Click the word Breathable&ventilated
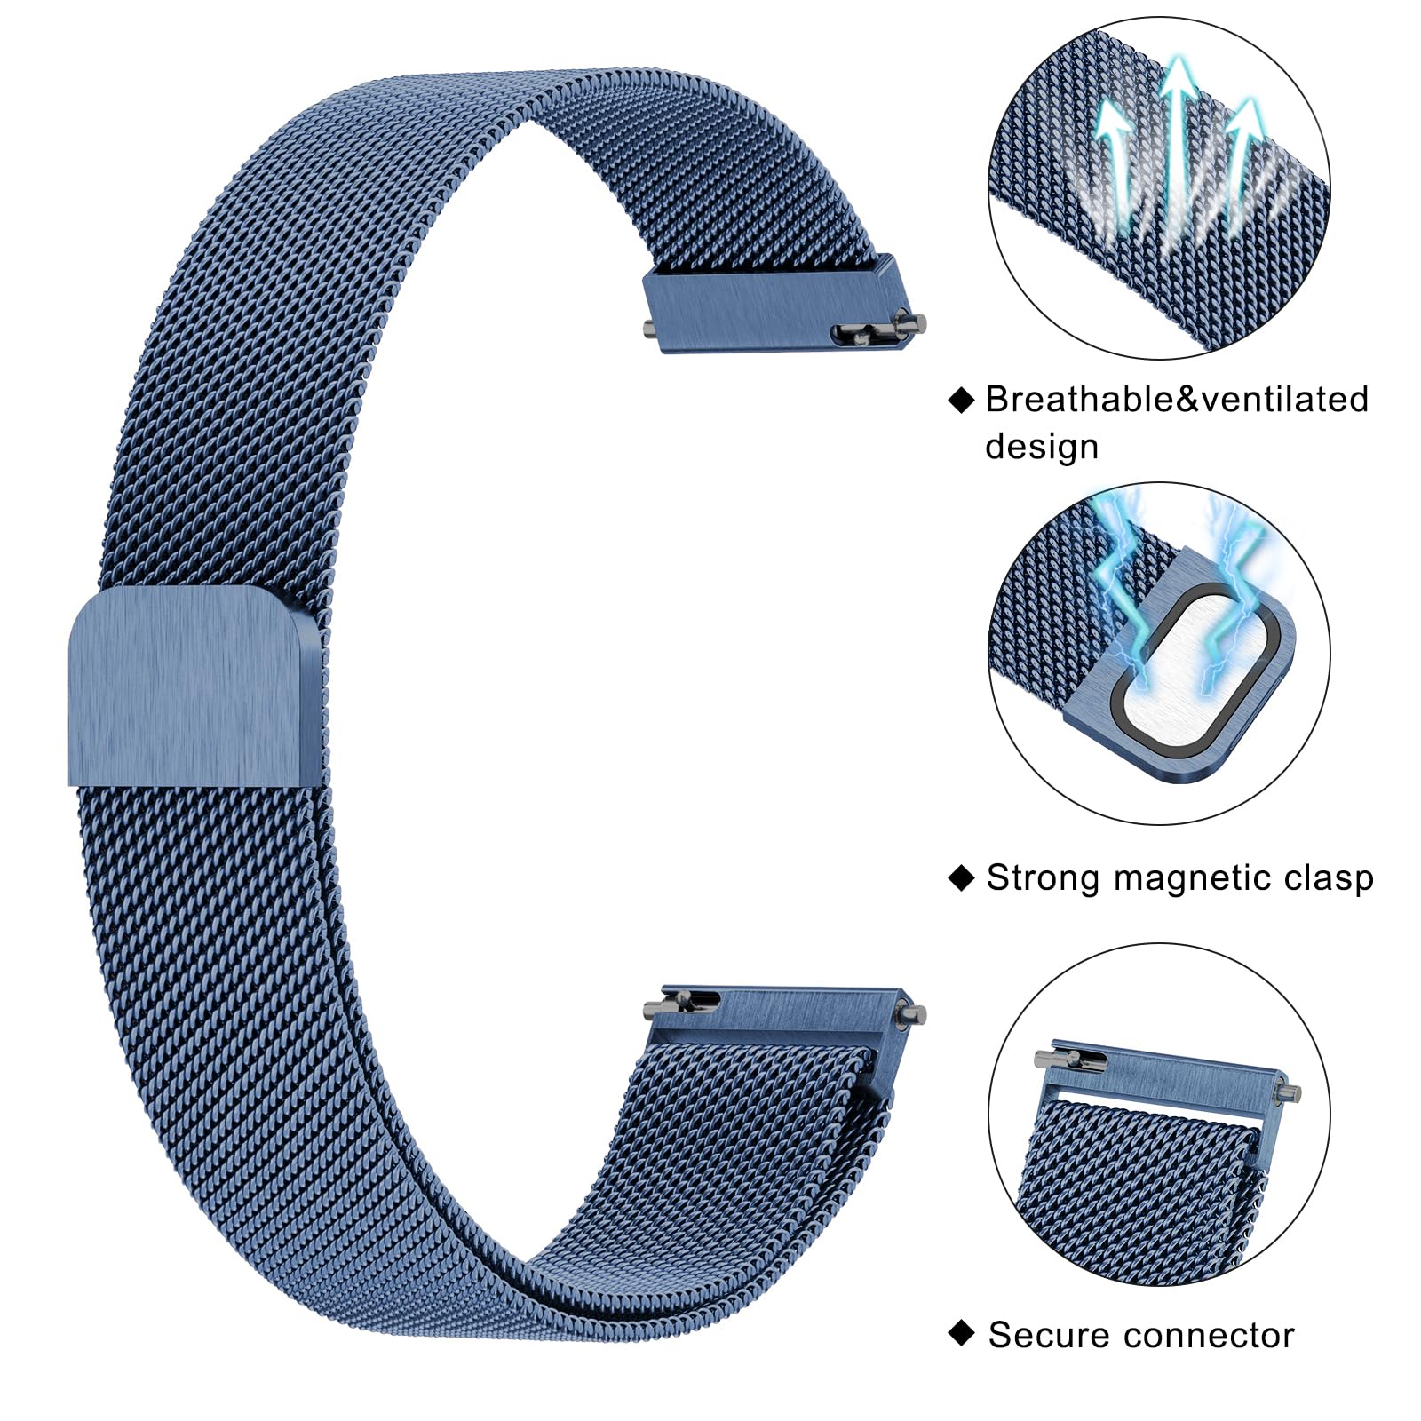[x=1177, y=400]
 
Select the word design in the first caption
[x=1041, y=446]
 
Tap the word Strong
[x=1043, y=877]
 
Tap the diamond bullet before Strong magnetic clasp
[x=961, y=877]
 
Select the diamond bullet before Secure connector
[x=961, y=1333]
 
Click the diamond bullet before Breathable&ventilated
[x=961, y=400]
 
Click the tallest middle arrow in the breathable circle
[x=1178, y=133]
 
